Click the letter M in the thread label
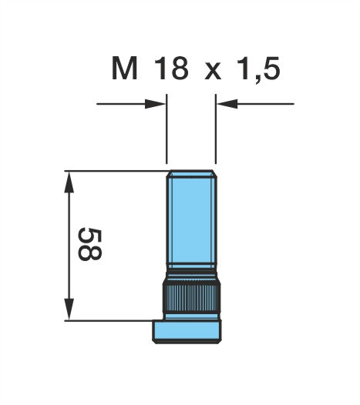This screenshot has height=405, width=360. (124, 68)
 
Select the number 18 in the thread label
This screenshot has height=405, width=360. (171, 68)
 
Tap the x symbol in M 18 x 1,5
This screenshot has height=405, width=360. (213, 71)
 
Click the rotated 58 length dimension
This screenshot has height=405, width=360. (90, 244)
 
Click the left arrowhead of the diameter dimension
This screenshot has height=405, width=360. (156, 104)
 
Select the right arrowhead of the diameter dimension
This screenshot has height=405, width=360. (227, 104)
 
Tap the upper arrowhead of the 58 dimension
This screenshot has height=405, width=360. (69, 182)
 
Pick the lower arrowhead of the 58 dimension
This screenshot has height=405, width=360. (69, 310)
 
